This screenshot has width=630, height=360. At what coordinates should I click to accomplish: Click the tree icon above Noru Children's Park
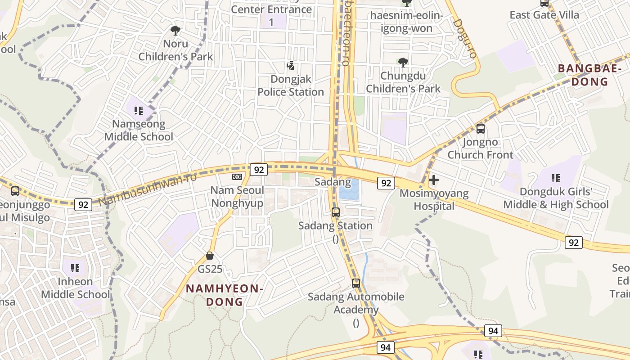[x=175, y=31]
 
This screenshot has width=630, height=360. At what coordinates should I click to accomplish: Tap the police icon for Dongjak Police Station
[x=290, y=66]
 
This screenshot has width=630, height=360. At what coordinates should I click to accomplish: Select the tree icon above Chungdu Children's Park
[x=403, y=62]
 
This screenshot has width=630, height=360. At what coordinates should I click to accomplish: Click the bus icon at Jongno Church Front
[x=480, y=129]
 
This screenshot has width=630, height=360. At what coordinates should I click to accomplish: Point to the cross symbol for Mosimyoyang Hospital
[x=434, y=180]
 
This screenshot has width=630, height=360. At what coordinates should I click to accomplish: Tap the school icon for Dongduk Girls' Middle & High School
[x=555, y=178]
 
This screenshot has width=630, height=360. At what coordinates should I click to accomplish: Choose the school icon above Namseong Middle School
[x=139, y=110]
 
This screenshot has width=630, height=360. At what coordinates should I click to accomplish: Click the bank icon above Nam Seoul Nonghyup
[x=237, y=177]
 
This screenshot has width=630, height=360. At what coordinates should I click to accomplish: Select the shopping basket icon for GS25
[x=210, y=256]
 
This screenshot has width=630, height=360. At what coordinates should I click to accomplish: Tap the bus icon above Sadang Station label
[x=336, y=212]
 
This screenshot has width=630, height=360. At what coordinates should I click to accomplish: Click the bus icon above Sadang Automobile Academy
[x=356, y=283]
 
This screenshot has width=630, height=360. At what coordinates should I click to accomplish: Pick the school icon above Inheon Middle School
[x=75, y=268]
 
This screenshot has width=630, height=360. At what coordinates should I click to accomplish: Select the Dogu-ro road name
[x=465, y=38]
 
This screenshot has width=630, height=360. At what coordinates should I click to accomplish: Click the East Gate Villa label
[x=544, y=15]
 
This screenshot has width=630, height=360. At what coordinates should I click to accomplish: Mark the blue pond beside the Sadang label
[x=349, y=189]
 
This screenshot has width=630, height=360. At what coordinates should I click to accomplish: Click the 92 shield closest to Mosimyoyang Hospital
[x=386, y=183]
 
